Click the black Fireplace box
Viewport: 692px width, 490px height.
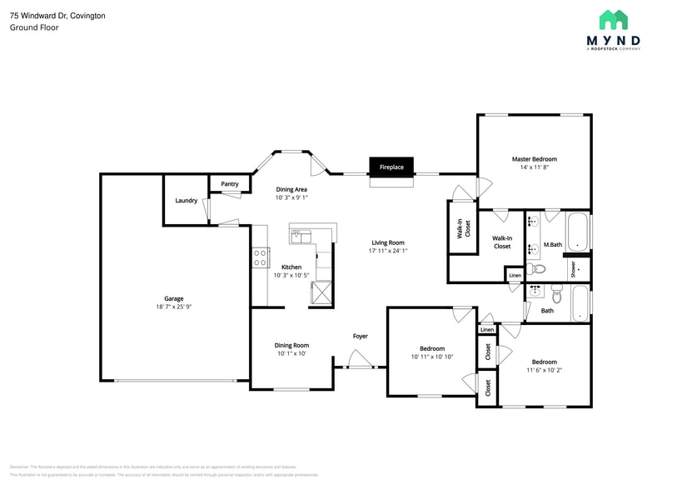pos(391,167)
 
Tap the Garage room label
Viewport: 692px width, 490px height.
pos(173,298)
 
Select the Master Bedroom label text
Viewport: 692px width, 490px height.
pos(534,158)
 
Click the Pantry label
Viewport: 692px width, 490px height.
pos(230,184)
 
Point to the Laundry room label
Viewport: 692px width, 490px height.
pos(186,200)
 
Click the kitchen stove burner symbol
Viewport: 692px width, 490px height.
pos(259,257)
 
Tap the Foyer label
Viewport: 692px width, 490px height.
pos(360,336)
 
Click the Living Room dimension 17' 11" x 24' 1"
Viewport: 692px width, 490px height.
pos(388,251)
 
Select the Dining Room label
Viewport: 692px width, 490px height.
pos(291,345)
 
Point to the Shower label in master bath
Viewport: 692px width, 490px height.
pos(573,269)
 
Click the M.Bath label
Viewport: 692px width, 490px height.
pos(552,244)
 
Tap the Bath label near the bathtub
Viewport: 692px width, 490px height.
pos(547,311)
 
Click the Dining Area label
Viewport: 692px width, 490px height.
pos(291,189)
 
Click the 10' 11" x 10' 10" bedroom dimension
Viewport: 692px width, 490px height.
pos(431,357)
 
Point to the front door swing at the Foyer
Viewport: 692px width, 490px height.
pos(360,360)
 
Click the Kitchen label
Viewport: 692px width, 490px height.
pos(291,267)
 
